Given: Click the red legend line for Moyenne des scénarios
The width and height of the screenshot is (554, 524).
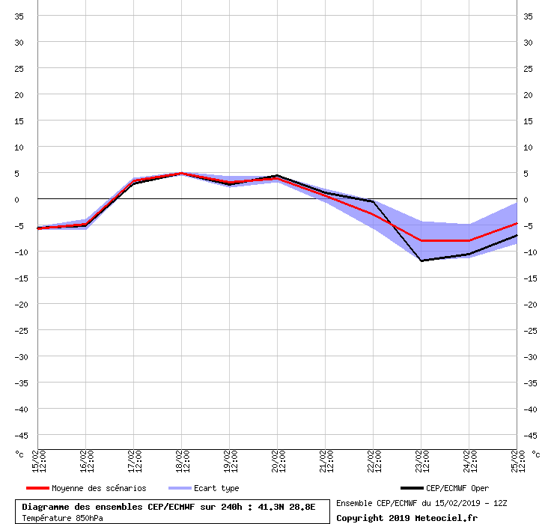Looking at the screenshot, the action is pos(37,488).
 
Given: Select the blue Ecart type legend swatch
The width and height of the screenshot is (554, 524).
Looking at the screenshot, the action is pos(180,488).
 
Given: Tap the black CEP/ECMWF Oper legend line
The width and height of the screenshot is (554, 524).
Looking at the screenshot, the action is pos(412,488).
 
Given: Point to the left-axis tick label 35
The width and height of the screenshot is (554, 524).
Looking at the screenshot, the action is pos(19,16).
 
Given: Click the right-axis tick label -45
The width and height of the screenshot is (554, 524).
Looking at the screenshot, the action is pos(530,436).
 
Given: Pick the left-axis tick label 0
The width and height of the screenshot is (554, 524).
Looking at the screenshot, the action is pos(16,200).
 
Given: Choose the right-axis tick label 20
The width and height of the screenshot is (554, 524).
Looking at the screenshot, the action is pos(528,95).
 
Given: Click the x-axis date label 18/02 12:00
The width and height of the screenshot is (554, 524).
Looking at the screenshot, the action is pos(181,461).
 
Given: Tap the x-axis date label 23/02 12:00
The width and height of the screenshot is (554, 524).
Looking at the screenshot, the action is pos(421,461).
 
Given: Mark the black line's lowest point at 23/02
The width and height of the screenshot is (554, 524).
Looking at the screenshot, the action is pos(421,261).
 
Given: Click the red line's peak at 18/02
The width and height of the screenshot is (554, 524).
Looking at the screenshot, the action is pos(182,173).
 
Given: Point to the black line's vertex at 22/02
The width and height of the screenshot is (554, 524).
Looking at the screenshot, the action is pos(373,201).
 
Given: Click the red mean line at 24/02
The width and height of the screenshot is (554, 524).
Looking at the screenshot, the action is pos(469,240).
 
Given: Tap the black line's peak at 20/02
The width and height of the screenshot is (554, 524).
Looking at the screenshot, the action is pos(277,175).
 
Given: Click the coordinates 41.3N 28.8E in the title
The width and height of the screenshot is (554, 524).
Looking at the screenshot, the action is pos(286,507).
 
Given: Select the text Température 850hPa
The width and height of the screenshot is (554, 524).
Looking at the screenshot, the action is pos(63,518).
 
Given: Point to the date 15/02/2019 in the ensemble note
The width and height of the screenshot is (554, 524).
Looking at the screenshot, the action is pos(457,503).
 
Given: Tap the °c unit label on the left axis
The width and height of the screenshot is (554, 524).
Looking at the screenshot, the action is pos(19,454).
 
